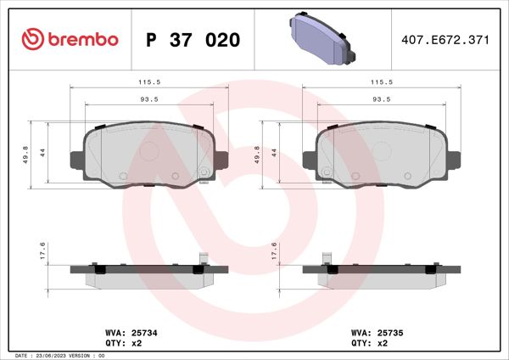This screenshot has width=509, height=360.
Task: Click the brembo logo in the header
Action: point(69,40)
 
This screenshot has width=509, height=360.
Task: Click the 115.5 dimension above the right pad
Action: point(380,83)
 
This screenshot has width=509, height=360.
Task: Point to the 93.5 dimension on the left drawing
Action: point(148,100)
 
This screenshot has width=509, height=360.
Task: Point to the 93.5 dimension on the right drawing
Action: point(380,100)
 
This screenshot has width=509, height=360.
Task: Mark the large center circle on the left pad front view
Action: point(149,152)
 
